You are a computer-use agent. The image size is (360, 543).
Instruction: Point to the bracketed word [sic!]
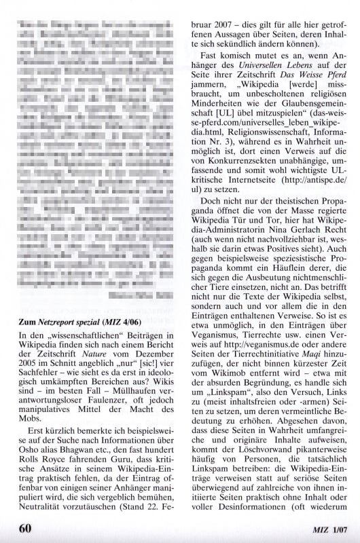coord(140,365)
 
